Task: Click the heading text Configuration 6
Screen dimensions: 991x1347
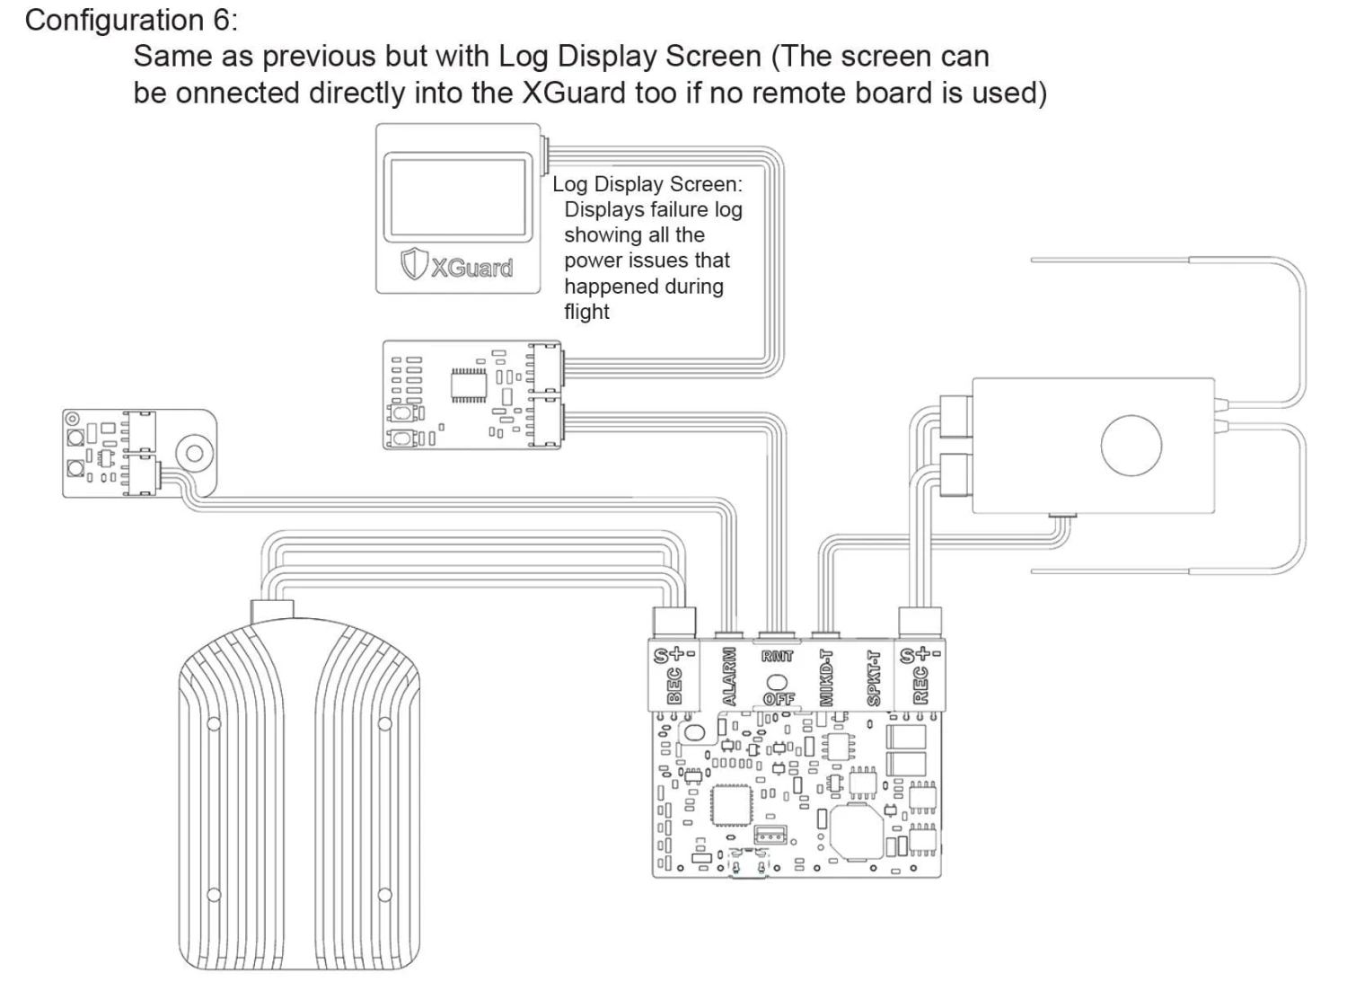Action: pyautogui.click(x=126, y=20)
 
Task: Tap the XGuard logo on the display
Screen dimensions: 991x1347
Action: pyautogui.click(x=458, y=266)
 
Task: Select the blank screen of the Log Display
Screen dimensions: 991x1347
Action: pyautogui.click(x=455, y=199)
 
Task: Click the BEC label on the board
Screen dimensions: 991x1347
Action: pyautogui.click(x=674, y=686)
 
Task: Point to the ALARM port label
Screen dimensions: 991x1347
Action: pyautogui.click(x=729, y=677)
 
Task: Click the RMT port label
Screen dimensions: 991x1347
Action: pyautogui.click(x=778, y=657)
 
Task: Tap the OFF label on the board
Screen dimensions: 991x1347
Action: pyautogui.click(x=778, y=698)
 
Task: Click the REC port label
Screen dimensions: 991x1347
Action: pyautogui.click(x=920, y=686)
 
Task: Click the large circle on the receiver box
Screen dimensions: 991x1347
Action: pyautogui.click(x=1131, y=445)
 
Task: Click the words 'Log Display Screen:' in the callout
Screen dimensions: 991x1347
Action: pyautogui.click(x=647, y=184)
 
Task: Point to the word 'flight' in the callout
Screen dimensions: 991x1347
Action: pyautogui.click(x=586, y=312)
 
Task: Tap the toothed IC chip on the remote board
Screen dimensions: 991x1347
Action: pyautogui.click(x=469, y=385)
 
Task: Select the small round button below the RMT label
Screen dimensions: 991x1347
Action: pyautogui.click(x=778, y=682)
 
